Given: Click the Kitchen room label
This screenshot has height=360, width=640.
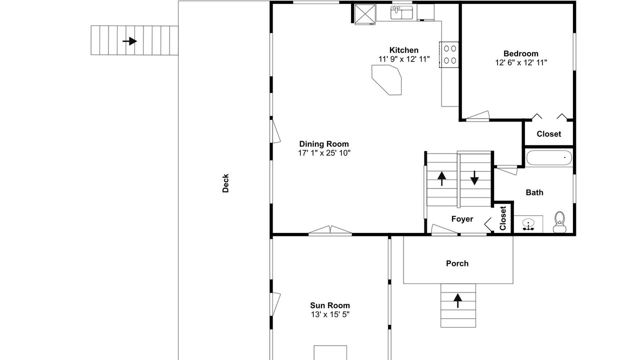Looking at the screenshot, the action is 403,50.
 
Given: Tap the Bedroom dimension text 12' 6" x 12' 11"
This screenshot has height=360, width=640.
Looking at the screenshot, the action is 521,62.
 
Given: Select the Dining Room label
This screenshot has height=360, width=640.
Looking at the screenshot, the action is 324,144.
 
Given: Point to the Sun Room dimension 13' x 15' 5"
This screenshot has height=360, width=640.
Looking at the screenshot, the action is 330,314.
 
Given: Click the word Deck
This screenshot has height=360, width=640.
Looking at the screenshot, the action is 225,183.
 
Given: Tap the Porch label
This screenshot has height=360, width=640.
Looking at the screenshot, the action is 457,263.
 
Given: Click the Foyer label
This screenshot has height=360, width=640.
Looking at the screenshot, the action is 462,219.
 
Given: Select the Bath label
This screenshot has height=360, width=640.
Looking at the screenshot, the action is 534,192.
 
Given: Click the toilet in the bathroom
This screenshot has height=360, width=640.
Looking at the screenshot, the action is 559,222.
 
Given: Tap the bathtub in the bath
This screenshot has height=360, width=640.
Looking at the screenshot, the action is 549,158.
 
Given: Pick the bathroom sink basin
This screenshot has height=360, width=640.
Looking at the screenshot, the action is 528,224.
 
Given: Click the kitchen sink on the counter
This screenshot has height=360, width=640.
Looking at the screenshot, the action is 401,13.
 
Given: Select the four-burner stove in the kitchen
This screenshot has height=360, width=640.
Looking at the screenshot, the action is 449,54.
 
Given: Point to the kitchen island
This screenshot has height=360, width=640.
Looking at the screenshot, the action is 386,79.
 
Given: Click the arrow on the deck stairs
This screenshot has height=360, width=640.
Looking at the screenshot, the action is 129,41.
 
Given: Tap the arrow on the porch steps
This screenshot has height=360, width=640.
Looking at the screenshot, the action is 457,300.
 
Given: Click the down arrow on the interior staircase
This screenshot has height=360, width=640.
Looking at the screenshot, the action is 474,177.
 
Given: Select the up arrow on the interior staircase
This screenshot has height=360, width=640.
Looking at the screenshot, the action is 441,178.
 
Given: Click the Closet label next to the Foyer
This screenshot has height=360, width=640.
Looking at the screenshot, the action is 503,218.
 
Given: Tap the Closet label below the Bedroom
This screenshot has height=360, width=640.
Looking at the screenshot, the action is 548,134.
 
